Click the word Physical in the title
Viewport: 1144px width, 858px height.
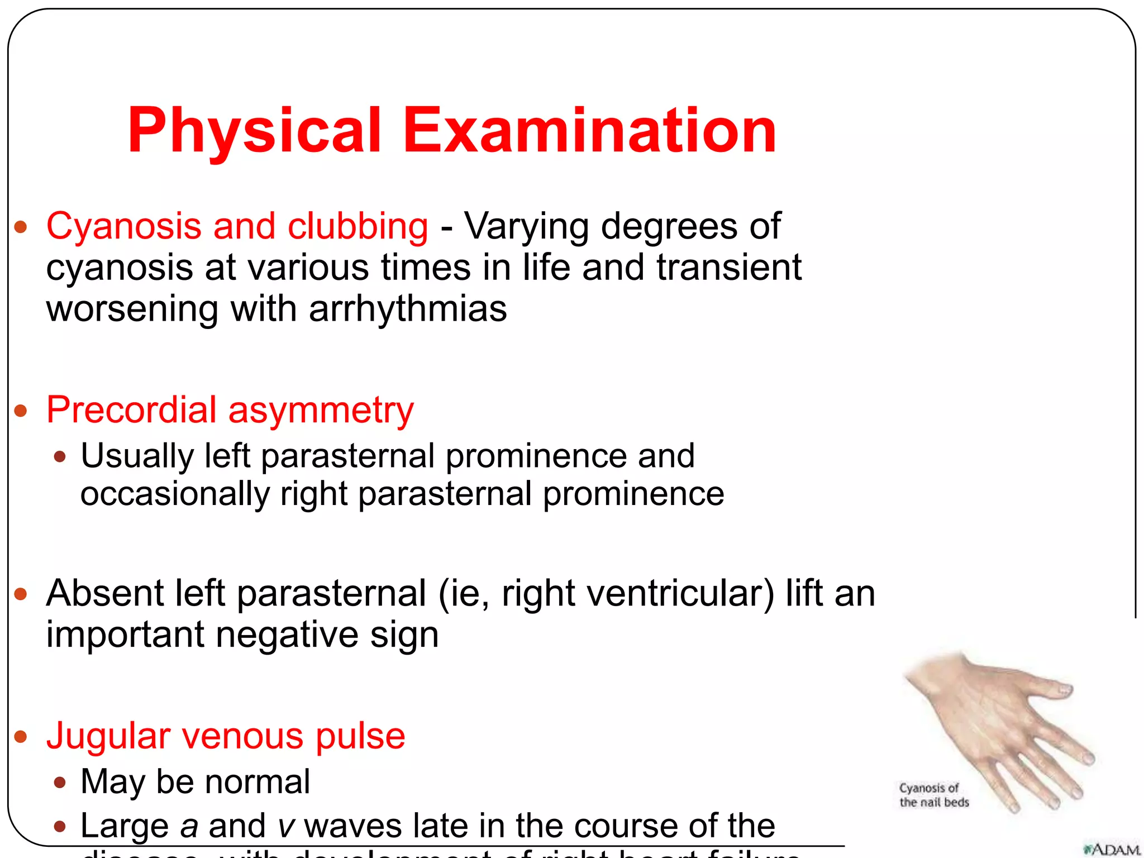pyautogui.click(x=254, y=131)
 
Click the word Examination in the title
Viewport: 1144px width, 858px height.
pyautogui.click(x=589, y=131)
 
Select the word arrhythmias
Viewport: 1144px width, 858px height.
pyautogui.click(x=408, y=309)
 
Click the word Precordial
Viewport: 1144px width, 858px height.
pyautogui.click(x=131, y=410)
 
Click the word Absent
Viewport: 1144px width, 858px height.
pyautogui.click(x=104, y=593)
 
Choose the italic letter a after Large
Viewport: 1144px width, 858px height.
pyautogui.click(x=189, y=827)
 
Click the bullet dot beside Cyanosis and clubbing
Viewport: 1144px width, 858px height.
pyautogui.click(x=21, y=227)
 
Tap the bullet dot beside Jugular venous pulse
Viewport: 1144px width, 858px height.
pyautogui.click(x=21, y=737)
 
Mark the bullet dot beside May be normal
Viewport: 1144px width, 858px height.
pyautogui.click(x=60, y=783)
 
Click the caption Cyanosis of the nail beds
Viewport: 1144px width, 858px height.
pyautogui.click(x=933, y=795)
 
